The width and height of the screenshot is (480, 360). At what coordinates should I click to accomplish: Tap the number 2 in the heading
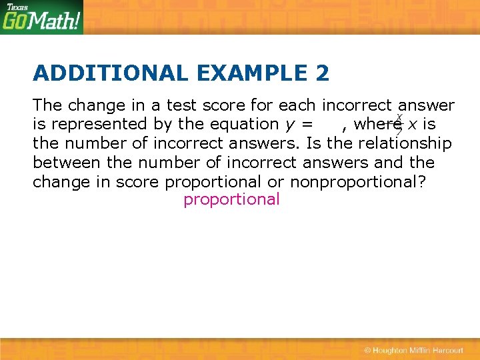pos(322,73)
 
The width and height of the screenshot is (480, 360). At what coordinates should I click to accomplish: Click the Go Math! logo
pos(41,21)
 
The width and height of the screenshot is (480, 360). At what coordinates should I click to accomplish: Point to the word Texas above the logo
pos(17,7)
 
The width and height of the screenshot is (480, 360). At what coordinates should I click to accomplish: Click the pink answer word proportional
pos(231,199)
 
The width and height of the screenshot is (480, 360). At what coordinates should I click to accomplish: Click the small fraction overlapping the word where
pos(399,124)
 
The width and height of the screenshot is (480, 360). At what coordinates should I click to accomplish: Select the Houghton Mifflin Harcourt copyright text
pos(413,350)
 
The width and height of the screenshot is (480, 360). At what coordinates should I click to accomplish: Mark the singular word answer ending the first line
pos(426,105)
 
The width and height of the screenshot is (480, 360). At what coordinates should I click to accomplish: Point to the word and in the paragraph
pos(389,162)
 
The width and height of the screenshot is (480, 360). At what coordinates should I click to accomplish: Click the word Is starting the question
pos(313,143)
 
